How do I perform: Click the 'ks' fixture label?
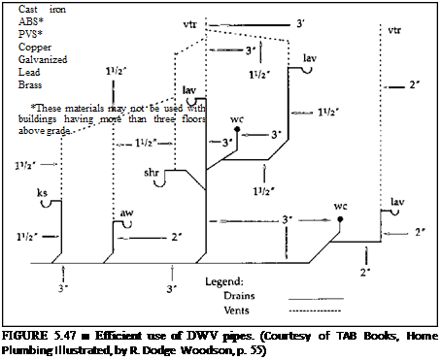click(42, 192)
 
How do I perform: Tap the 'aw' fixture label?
click(126, 212)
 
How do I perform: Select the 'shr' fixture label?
click(153, 171)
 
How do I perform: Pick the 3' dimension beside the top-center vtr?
click(301, 20)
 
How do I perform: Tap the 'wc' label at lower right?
click(340, 207)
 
